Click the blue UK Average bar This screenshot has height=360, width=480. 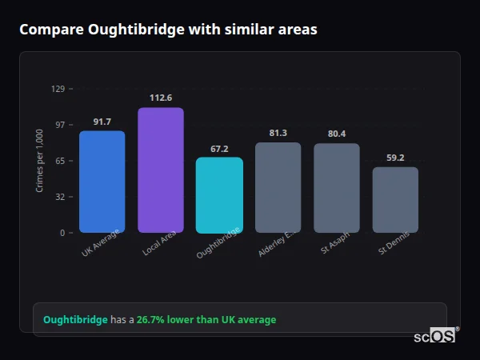tap(102, 182)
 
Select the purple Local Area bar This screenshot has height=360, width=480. tap(160, 170)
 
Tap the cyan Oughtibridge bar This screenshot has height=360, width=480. tap(219, 194)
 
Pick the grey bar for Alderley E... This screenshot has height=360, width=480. tap(278, 187)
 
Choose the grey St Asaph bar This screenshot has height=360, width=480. tap(336, 188)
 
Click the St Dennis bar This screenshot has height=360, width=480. tap(395, 199)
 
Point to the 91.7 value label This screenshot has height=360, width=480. tap(102, 122)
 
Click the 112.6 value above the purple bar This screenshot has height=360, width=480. tap(161, 98)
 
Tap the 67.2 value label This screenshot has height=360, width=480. tap(219, 149)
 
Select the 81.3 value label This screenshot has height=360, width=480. tap(278, 133)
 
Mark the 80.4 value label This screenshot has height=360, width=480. tap(337, 134)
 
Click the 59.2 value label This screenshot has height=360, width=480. tap(395, 158)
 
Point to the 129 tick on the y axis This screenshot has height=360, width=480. tap(58, 89)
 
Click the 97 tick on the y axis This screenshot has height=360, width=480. tap(59, 125)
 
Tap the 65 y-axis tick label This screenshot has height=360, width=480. tap(59, 161)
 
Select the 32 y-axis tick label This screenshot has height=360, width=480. tap(59, 197)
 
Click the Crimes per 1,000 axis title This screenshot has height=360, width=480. tap(40, 161)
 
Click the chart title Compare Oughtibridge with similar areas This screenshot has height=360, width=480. tap(168, 30)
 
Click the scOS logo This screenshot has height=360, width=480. tap(435, 337)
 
